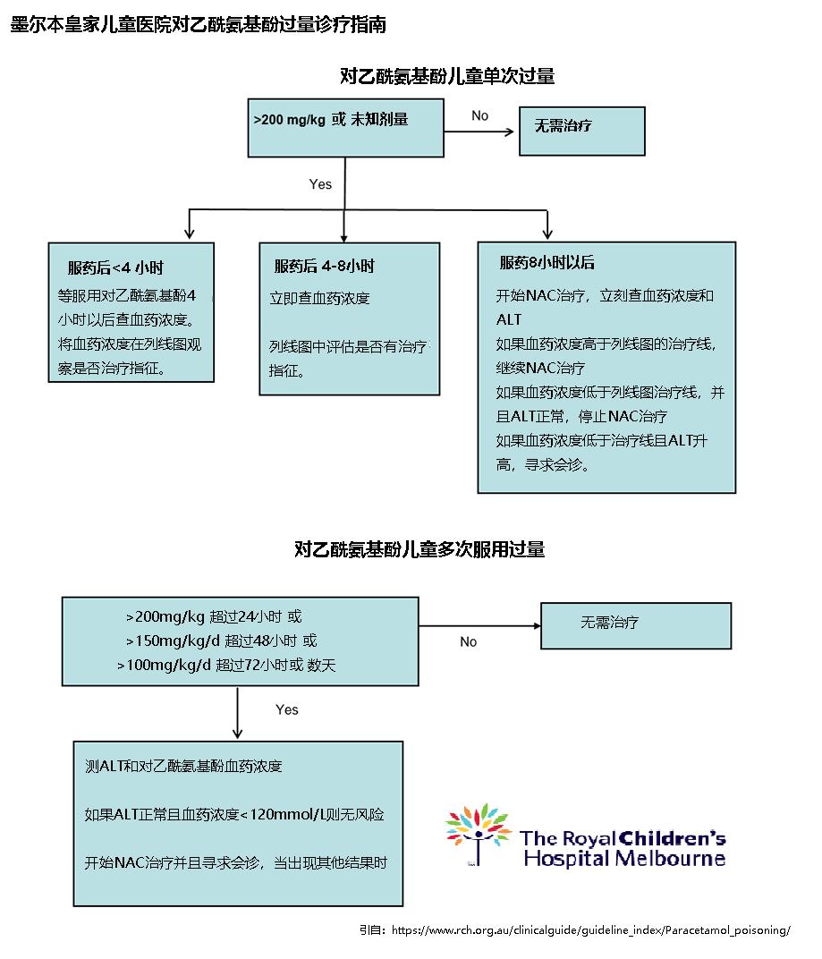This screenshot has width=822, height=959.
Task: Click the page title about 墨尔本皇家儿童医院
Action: [x=198, y=24]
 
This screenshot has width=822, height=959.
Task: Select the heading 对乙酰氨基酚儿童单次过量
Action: [x=447, y=76]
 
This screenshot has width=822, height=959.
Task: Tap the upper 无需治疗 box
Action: [x=582, y=131]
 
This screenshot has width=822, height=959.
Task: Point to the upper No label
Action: [x=480, y=115]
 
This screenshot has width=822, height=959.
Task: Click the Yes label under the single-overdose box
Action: [x=320, y=184]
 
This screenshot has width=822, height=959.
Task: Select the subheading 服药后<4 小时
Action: [x=115, y=267]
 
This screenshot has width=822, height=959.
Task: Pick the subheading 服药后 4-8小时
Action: [x=324, y=266]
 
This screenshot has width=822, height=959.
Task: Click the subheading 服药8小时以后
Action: [x=547, y=263]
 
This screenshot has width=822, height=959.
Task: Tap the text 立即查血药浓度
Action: [x=319, y=298]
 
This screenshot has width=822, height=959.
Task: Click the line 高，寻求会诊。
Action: [x=543, y=464]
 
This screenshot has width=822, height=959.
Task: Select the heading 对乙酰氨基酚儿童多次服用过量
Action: [x=419, y=549]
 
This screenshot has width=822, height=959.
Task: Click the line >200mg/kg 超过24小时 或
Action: [x=214, y=616]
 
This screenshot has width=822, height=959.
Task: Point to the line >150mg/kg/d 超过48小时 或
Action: [x=221, y=641]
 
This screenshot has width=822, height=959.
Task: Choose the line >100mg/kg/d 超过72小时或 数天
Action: [x=226, y=665]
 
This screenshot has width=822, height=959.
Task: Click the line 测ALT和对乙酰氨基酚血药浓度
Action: [x=183, y=767]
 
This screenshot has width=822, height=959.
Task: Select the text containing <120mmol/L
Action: [x=234, y=814]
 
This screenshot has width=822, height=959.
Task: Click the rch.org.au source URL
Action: [x=590, y=930]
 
